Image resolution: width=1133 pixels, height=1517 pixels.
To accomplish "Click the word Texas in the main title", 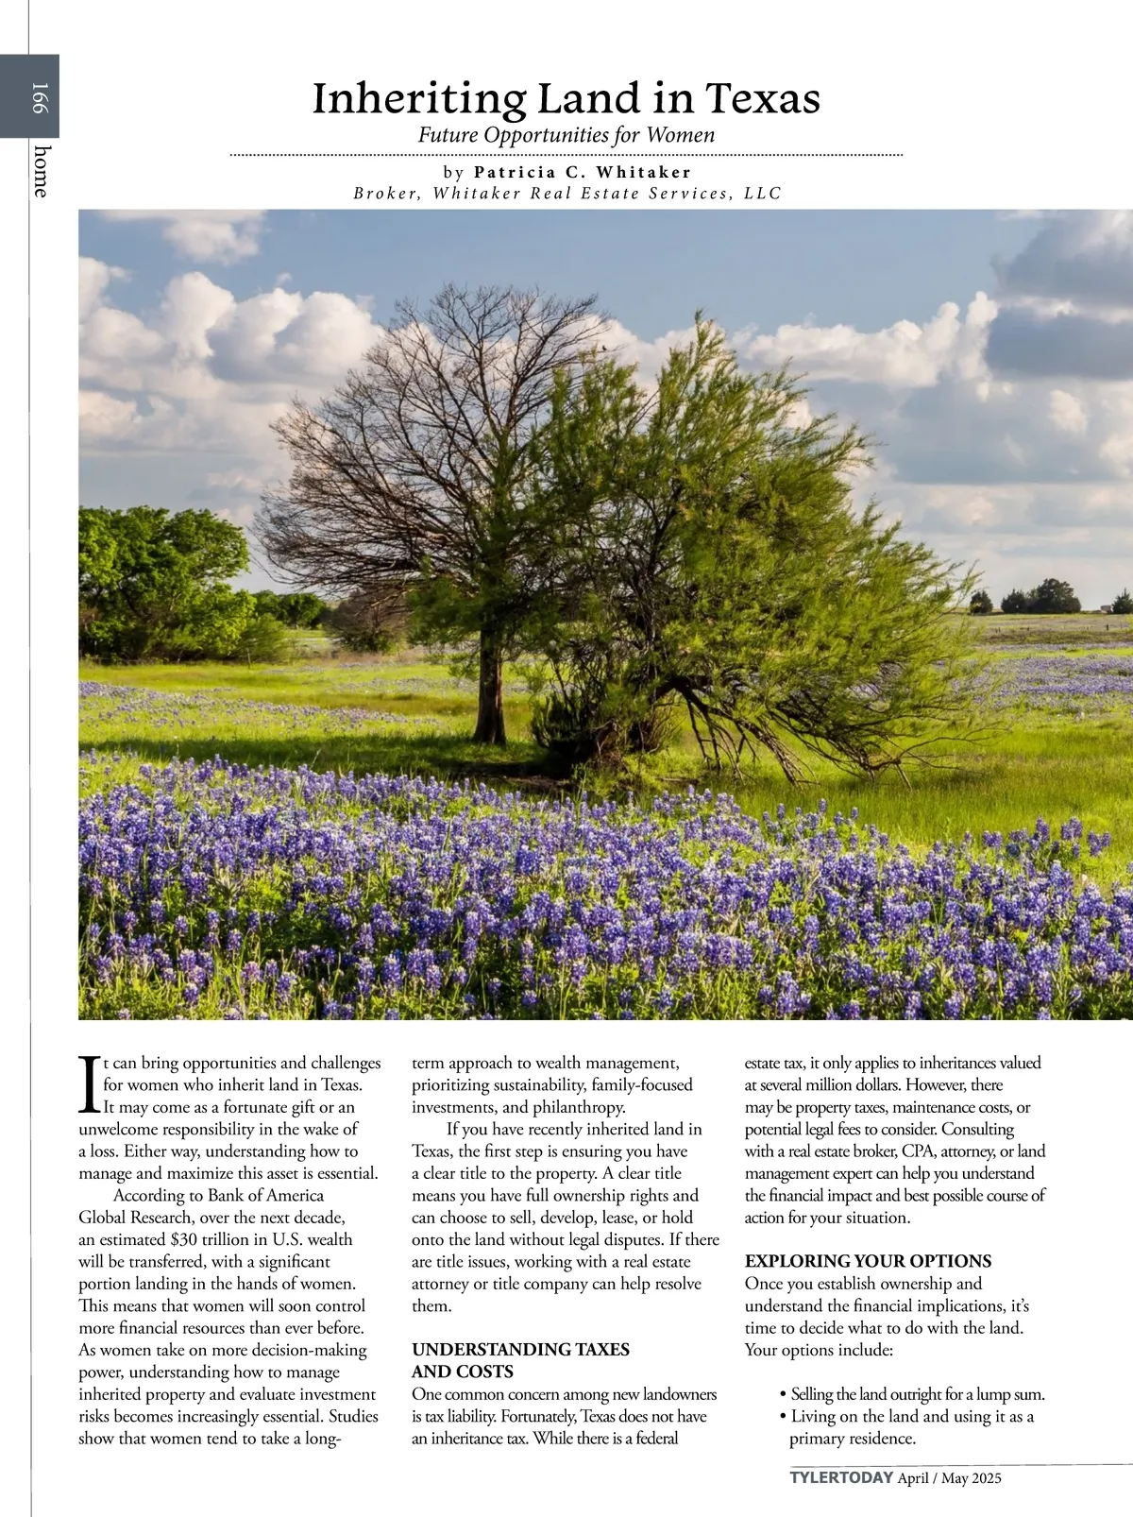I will click(x=763, y=98).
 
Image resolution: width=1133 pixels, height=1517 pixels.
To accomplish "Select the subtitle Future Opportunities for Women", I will click(x=566, y=135).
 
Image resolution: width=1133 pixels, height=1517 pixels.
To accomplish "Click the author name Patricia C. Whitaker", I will click(x=583, y=172).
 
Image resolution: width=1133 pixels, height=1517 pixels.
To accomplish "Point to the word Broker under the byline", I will click(x=386, y=194).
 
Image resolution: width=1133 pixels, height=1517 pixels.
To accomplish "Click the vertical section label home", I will click(x=41, y=171).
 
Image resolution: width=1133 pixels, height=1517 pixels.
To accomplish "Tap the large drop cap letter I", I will click(x=90, y=1084).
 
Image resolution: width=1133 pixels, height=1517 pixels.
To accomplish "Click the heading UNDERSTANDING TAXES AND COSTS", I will click(x=520, y=1360).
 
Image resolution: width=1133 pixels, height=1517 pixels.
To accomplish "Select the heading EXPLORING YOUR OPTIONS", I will click(x=868, y=1261).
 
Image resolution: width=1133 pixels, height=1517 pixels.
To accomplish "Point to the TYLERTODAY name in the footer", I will click(x=841, y=1478).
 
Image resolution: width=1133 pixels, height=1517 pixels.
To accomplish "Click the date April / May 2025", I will click(x=949, y=1478).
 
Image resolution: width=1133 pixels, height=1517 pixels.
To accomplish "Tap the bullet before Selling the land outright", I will click(x=784, y=1394).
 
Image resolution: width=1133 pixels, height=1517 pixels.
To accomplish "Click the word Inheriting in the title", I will click(x=418, y=98).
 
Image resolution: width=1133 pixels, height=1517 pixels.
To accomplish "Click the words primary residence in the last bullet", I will click(x=852, y=1439).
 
